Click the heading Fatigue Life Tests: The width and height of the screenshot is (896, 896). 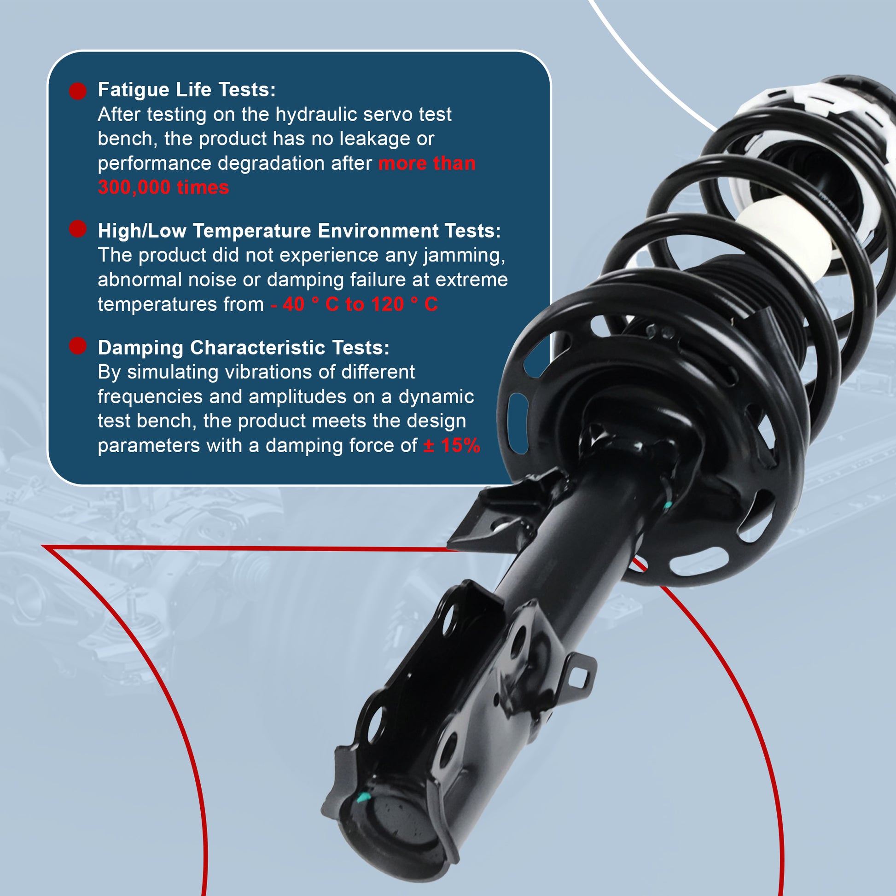pyautogui.click(x=186, y=90)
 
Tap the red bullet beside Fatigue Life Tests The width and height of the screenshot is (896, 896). pyautogui.click(x=78, y=91)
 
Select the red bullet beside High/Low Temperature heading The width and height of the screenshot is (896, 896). pyautogui.click(x=78, y=229)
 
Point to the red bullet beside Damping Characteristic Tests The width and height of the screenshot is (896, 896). pyautogui.click(x=78, y=346)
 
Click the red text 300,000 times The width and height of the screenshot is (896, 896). pyautogui.click(x=163, y=187)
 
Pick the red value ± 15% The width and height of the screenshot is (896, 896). pyautogui.click(x=452, y=445)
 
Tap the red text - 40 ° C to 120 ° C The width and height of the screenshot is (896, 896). pyautogui.click(x=355, y=304)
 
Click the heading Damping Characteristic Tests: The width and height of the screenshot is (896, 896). pyautogui.click(x=244, y=348)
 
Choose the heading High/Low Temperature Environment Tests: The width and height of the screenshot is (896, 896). pyautogui.click(x=299, y=231)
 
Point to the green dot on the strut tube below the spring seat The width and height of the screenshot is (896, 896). pyautogui.click(x=668, y=505)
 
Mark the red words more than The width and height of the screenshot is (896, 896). pyautogui.click(x=427, y=163)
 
